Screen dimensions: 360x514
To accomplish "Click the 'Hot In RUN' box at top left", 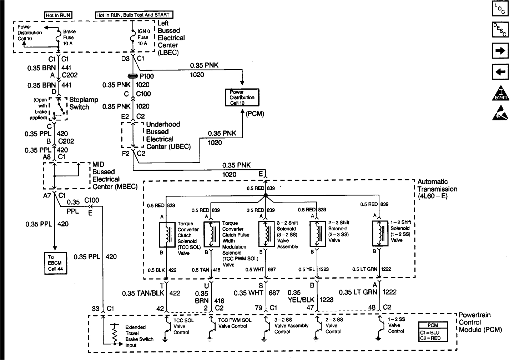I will (58, 15).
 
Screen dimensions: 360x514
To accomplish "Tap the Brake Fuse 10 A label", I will (69, 37).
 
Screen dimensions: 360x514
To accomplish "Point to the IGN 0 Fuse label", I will (143, 37).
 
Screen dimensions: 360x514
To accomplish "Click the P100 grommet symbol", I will (132, 76).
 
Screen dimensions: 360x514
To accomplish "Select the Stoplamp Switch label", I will (84, 103).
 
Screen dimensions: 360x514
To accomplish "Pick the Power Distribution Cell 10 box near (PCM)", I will (242, 97).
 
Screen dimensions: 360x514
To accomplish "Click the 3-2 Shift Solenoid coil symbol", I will (266, 234).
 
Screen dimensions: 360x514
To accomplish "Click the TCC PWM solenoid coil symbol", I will (212, 234).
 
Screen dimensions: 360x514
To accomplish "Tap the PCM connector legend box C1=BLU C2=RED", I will (433, 332).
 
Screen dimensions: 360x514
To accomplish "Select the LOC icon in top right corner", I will (500, 9).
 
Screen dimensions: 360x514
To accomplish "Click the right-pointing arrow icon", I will (500, 51).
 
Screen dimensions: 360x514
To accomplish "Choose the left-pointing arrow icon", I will (500, 72).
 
